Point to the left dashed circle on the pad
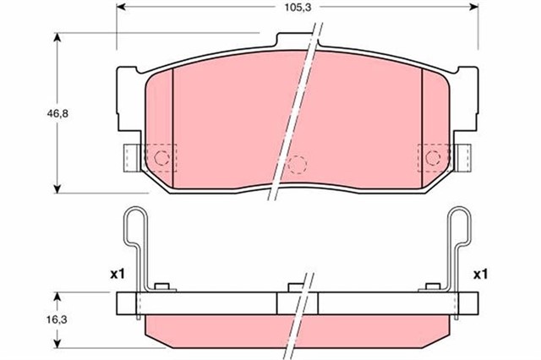[161, 156]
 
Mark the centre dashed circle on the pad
[295, 165]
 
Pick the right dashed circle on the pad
[433, 156]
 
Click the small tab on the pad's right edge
[463, 156]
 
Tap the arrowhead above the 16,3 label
[56, 297]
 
